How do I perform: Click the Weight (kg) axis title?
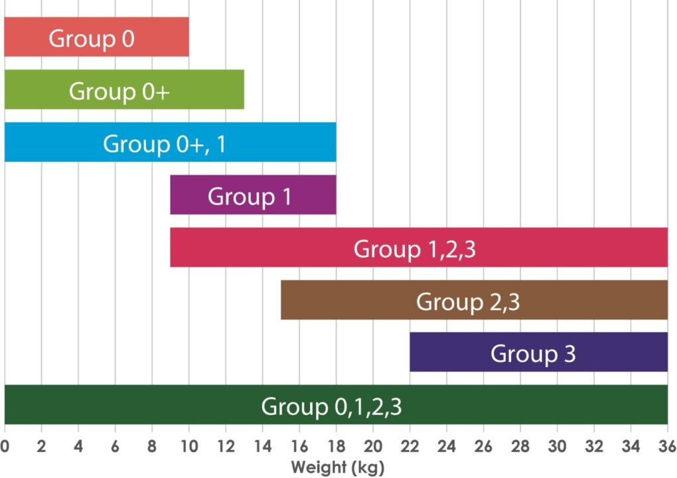337,467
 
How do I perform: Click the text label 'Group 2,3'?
468,301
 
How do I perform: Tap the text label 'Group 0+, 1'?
164,143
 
